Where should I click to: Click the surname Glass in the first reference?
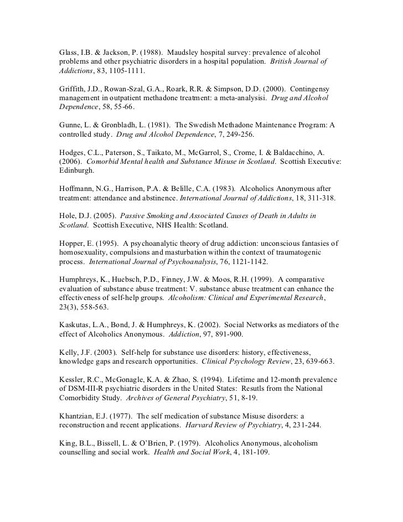(x=70, y=51)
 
